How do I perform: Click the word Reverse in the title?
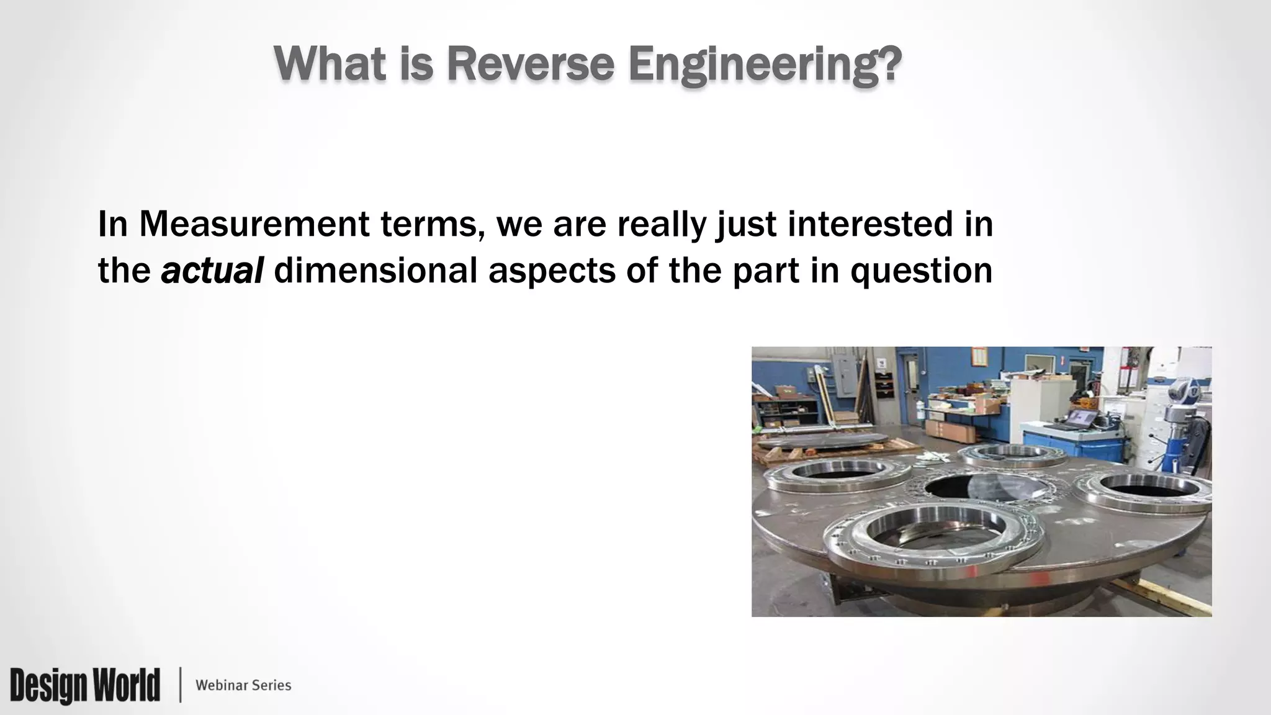coord(530,64)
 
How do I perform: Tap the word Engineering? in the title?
coord(765,65)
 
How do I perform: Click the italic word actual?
coord(212,271)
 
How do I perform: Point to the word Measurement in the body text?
coord(254,224)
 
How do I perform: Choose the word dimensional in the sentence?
coord(375,271)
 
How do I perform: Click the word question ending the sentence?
coord(921,271)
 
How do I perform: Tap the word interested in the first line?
coord(869,224)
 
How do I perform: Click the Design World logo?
coord(85,685)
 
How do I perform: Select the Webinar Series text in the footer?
coord(243,685)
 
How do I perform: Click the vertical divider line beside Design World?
coord(181,685)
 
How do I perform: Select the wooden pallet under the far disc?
coord(785,452)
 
